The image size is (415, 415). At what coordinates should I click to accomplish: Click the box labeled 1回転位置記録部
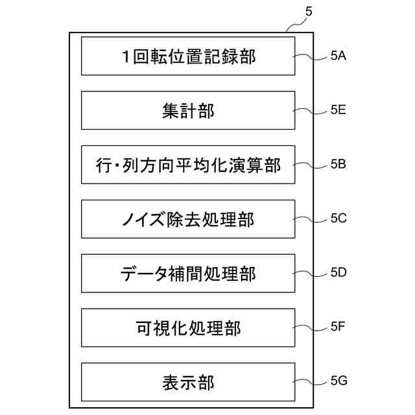coord(188,56)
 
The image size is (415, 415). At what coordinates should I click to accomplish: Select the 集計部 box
coord(188,110)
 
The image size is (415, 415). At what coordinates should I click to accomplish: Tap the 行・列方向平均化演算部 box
coord(188,165)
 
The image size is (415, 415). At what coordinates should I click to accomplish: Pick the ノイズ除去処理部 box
coord(188,219)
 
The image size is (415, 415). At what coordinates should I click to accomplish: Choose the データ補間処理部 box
coord(188,273)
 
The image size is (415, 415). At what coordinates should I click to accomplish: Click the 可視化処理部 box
coord(188,327)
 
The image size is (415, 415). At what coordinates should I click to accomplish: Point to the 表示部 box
coord(188,382)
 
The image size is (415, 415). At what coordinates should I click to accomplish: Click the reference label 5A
coord(338,56)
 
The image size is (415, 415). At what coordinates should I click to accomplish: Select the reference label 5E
coord(338,110)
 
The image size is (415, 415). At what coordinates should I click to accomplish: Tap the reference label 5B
coord(338,165)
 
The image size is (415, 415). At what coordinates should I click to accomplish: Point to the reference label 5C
coord(338,219)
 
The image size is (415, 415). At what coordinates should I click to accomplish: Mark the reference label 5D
coord(338,273)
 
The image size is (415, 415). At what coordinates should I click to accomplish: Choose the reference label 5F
coord(338,327)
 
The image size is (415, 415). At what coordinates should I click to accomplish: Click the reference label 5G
coord(338,382)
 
